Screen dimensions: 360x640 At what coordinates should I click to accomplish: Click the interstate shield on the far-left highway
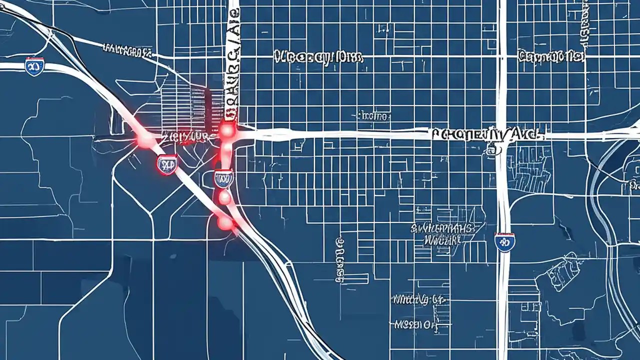tap(34, 66)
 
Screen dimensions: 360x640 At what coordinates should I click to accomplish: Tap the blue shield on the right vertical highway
tap(504, 242)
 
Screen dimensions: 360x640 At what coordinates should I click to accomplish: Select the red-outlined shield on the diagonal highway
tap(167, 163)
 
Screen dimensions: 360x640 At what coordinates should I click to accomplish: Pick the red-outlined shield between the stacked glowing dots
tap(223, 177)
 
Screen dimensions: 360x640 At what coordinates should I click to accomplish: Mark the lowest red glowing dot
tap(225, 222)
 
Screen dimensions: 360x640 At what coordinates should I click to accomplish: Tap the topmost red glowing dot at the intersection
tap(227, 130)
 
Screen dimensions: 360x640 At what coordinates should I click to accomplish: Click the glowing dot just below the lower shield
tap(225, 197)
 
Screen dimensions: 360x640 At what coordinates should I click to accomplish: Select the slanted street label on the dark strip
tap(127, 50)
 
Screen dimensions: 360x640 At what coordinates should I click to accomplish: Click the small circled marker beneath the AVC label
tap(493, 148)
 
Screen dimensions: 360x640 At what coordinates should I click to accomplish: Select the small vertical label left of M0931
tap(340, 260)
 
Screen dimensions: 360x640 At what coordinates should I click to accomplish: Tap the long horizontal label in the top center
tap(318, 57)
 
